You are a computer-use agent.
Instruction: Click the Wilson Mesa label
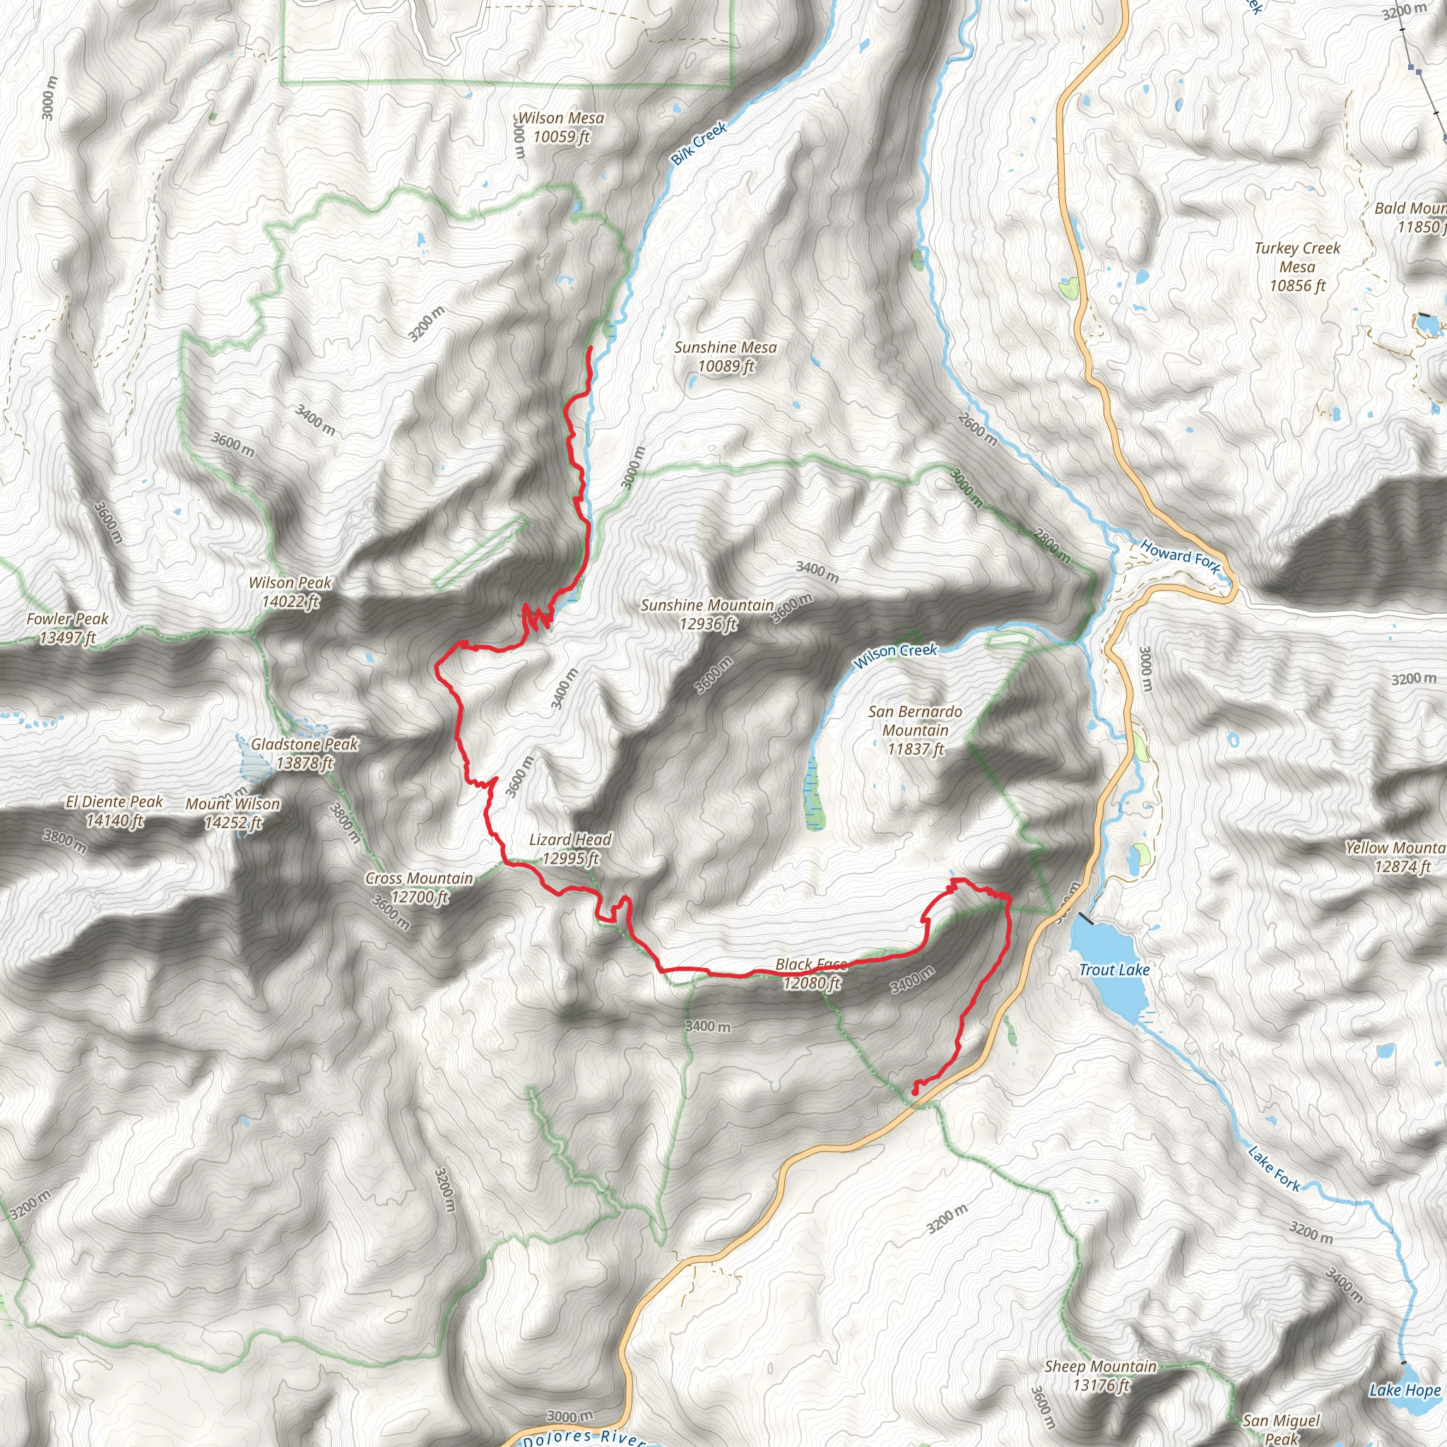click(x=561, y=127)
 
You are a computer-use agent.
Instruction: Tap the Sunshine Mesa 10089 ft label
click(x=725, y=357)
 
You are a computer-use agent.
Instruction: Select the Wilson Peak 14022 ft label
click(x=290, y=591)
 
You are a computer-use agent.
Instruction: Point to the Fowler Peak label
click(x=67, y=627)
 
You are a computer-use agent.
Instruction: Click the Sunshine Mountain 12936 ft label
click(x=707, y=614)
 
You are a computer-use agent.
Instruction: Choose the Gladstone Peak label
click(x=304, y=753)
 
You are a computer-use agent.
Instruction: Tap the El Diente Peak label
click(x=114, y=810)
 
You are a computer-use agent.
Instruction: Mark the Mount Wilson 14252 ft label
click(x=233, y=813)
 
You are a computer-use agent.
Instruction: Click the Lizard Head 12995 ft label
click(x=570, y=849)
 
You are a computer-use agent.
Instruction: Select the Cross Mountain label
click(x=419, y=887)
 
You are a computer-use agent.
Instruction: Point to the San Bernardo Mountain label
click(x=915, y=729)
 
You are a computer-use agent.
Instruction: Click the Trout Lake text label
click(x=1114, y=970)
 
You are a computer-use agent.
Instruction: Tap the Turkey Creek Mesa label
click(x=1297, y=266)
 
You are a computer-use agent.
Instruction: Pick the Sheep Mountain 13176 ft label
click(x=1100, y=1376)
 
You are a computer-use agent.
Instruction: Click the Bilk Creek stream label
click(x=698, y=143)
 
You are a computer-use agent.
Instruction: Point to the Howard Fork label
click(x=1180, y=557)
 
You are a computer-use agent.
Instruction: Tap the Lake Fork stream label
click(x=1274, y=1169)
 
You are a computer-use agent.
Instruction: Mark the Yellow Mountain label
click(x=1395, y=857)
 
